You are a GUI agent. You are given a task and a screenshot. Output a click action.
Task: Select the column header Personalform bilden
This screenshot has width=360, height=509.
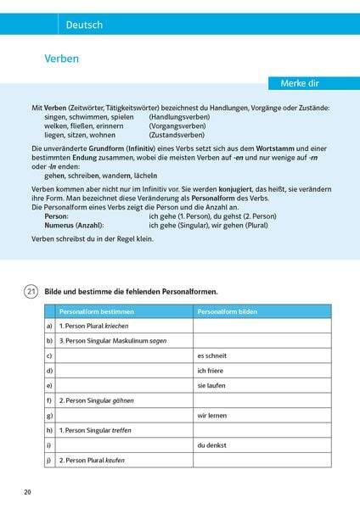tap(224, 310)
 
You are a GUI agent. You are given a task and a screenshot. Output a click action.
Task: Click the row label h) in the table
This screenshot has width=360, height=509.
tap(50, 431)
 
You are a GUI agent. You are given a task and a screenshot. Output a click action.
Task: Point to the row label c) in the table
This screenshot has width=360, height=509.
tap(50, 356)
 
